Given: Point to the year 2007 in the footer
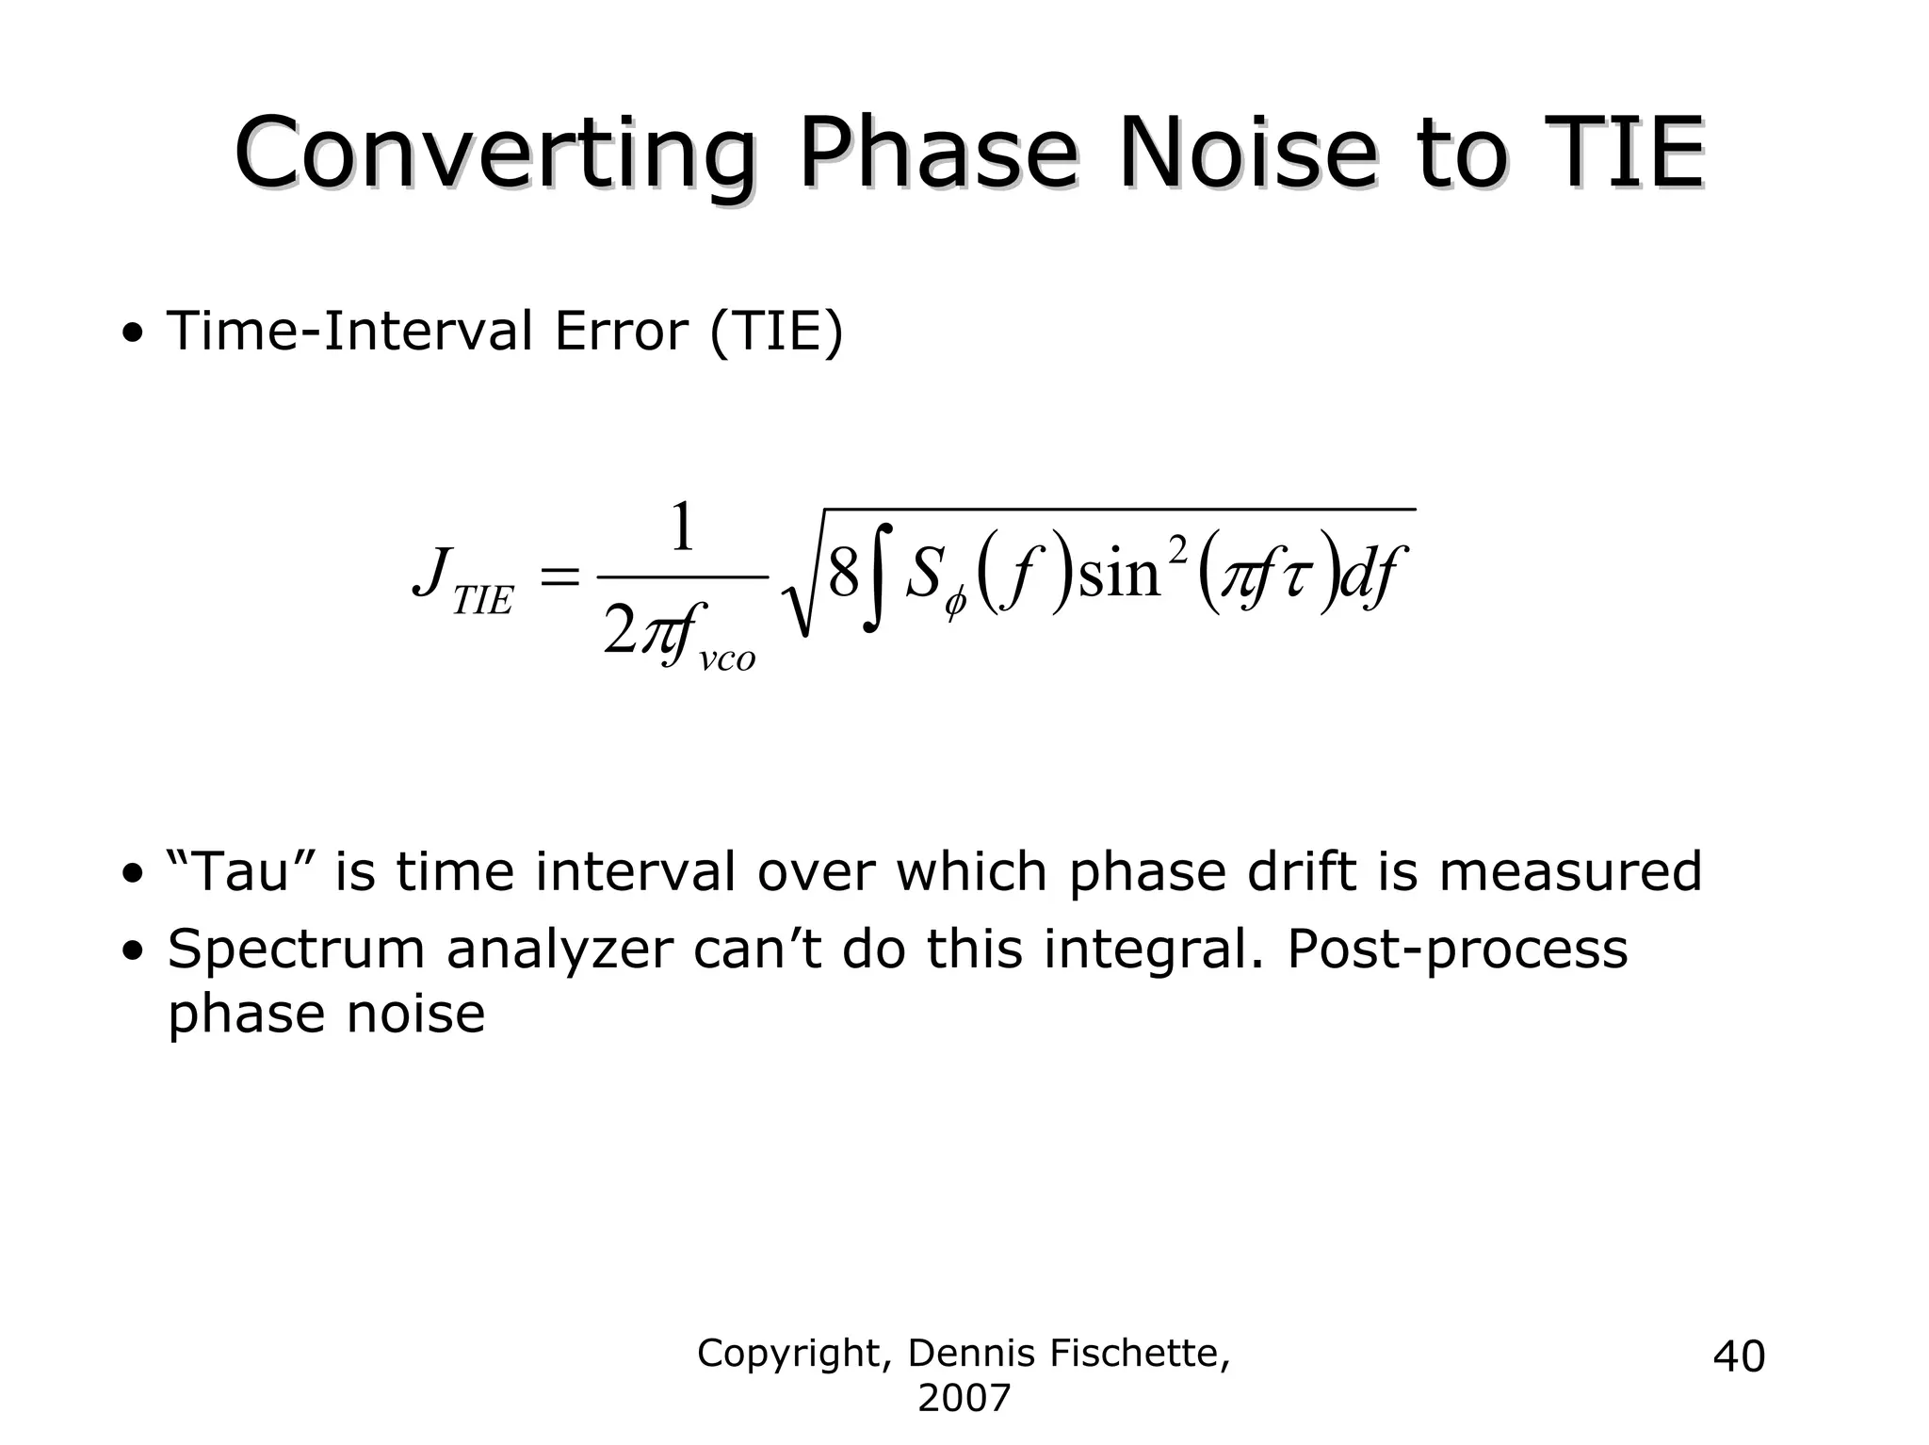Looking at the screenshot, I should (x=964, y=1398).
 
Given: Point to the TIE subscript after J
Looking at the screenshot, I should (x=482, y=601).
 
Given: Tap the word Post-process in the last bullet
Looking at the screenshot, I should (x=1456, y=949).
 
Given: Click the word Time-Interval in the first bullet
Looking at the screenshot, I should (x=349, y=332).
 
